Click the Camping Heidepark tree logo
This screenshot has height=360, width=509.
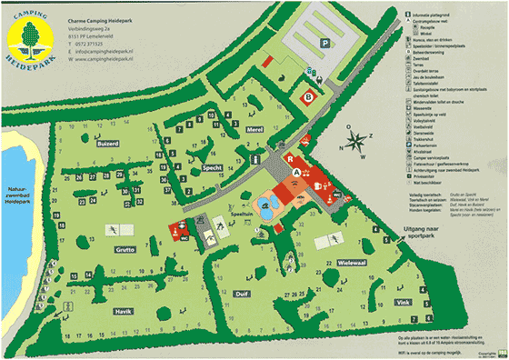click(x=31, y=34)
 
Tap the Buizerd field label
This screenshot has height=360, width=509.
click(x=107, y=144)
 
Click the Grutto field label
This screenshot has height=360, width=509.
click(x=125, y=248)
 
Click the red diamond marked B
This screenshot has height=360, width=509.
click(x=309, y=95)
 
